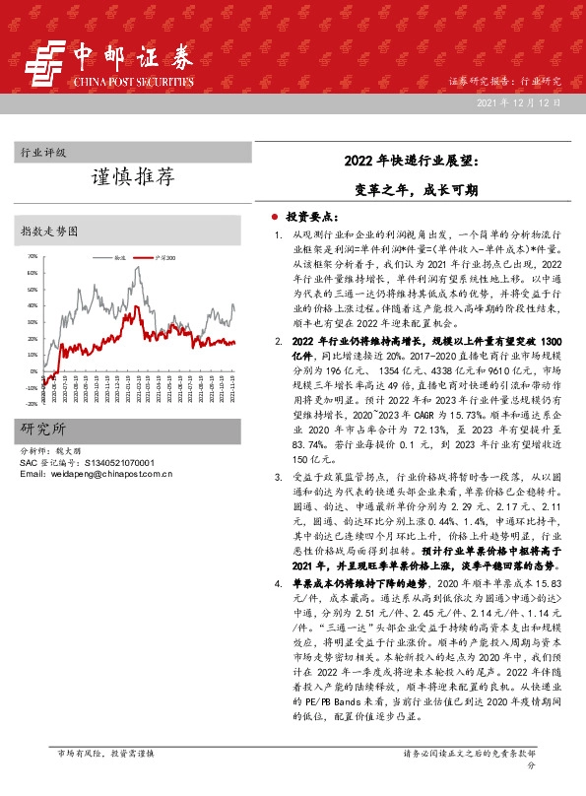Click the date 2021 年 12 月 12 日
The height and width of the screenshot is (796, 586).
click(x=518, y=103)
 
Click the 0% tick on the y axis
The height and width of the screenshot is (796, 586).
click(x=34, y=371)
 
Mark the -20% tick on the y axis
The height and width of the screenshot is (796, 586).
click(x=32, y=404)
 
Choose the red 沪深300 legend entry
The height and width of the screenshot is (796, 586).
click(x=165, y=256)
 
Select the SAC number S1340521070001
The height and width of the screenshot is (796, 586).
click(x=114, y=462)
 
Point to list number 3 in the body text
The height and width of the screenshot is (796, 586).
click(x=279, y=478)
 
